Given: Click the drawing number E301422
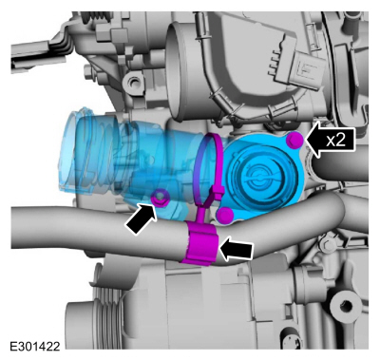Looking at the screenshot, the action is point(35,346).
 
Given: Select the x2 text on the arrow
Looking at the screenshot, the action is point(336,141).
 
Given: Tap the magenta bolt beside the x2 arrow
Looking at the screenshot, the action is point(294,139).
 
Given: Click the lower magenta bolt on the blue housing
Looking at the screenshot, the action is point(225,216).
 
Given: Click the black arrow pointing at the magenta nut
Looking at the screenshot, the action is point(142,219).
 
